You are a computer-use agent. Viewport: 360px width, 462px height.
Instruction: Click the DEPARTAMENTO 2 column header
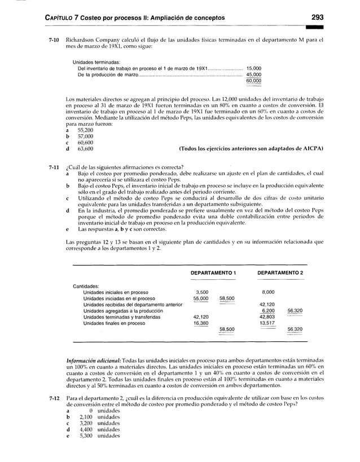coord(280,272)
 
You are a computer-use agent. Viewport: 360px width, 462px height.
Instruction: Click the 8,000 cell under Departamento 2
coord(266,292)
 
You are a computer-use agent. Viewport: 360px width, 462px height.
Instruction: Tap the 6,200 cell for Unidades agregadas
coord(266,311)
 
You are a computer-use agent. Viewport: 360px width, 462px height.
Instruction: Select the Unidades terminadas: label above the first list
coord(96,61)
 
